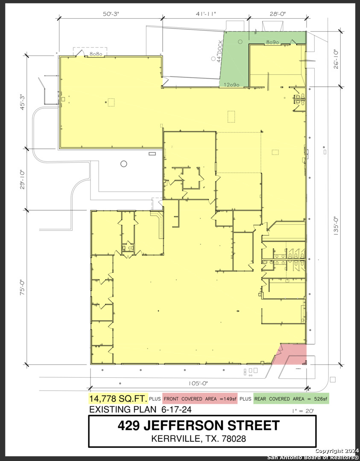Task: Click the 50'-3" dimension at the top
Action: point(111,14)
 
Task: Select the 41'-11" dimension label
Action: point(205,14)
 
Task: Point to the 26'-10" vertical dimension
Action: point(336,59)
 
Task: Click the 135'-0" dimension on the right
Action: point(336,226)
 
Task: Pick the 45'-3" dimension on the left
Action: point(22,102)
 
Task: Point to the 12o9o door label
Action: point(231,85)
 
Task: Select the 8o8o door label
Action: point(96,54)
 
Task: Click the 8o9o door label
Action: point(272,42)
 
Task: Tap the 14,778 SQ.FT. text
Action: point(118,399)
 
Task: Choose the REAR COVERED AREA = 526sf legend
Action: point(291,399)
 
